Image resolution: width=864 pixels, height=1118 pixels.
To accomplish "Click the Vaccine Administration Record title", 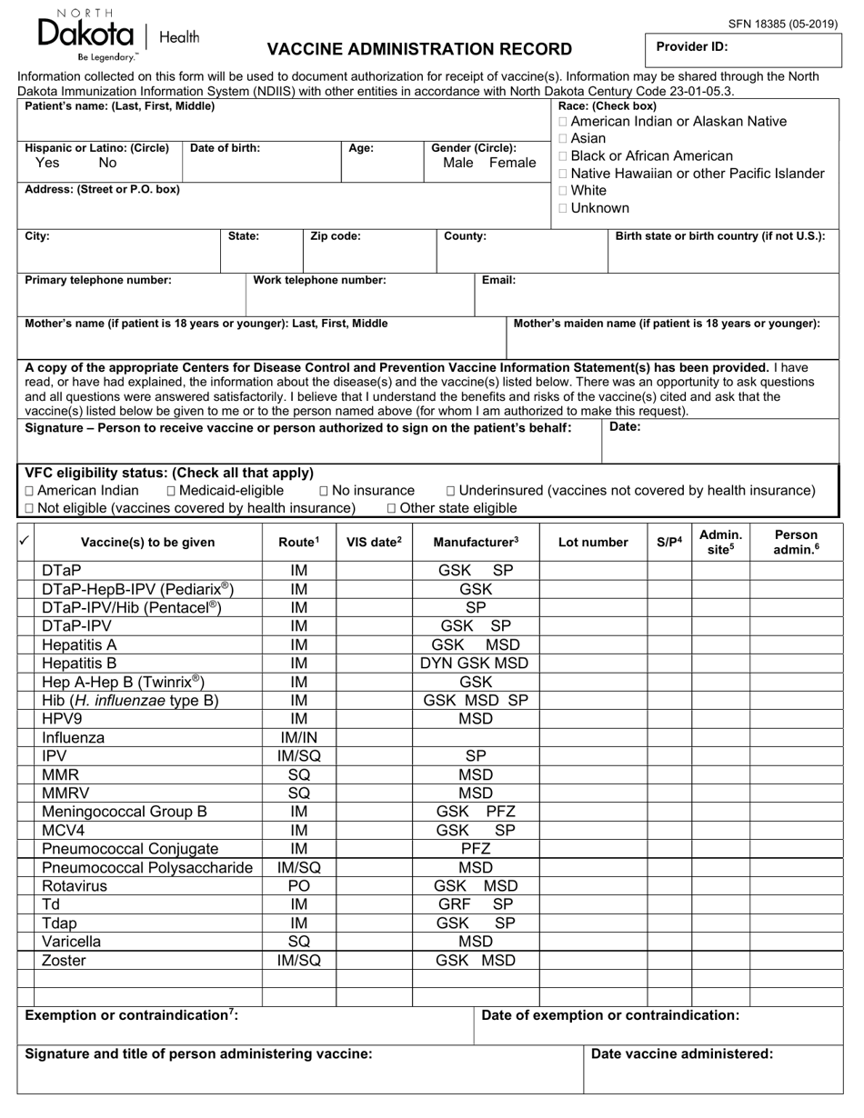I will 419,49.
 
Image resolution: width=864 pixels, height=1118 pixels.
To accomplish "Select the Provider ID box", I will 741,46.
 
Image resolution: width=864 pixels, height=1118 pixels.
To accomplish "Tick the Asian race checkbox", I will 564,139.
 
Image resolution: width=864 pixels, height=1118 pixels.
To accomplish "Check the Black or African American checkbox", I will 564,156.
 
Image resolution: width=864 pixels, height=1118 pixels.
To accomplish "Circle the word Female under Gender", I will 513,163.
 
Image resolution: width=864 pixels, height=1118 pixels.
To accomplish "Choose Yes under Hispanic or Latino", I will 47,163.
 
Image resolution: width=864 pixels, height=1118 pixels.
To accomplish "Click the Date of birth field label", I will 225,148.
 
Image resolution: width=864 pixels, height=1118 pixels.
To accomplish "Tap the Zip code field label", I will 336,236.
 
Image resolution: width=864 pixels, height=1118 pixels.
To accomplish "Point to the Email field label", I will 498,280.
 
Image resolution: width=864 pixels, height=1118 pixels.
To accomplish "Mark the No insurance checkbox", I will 324,491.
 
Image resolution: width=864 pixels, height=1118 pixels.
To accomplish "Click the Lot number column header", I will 593,543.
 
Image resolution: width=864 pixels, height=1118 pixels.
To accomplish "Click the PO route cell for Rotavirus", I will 299,886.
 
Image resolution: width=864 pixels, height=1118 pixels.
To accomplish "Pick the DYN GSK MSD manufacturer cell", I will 475,664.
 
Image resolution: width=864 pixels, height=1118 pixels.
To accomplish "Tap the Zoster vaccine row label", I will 64,961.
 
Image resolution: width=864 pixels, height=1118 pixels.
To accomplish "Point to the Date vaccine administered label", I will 682,1054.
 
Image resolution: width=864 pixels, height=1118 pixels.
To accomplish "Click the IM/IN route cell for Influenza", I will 299,738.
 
